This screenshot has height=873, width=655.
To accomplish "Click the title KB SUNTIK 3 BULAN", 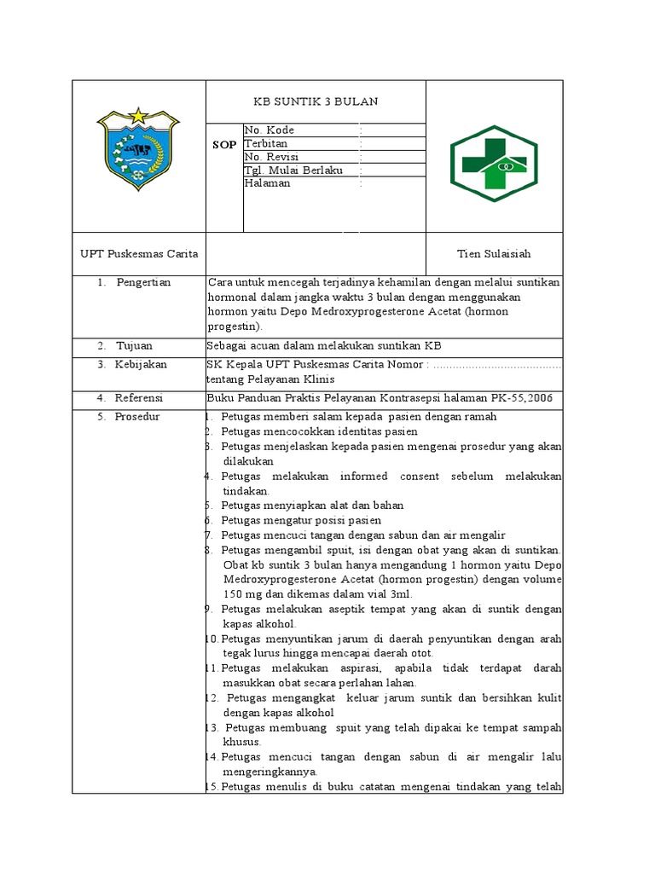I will (316, 101).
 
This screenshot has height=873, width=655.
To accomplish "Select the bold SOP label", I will (224, 145).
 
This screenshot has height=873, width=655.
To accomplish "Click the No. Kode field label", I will (269, 130).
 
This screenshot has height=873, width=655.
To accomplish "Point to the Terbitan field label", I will (266, 143).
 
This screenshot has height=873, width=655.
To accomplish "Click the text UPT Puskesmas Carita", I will (139, 254).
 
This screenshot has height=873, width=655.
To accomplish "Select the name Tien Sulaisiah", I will (494, 254).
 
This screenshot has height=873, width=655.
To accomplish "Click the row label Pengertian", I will (143, 282).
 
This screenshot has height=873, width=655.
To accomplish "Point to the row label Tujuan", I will (135, 345).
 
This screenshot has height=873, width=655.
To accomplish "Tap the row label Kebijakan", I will (142, 364).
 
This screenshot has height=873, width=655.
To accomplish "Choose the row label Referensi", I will (140, 398).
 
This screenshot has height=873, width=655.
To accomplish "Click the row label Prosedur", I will (138, 417).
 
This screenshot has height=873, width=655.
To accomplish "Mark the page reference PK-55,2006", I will (527, 398).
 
